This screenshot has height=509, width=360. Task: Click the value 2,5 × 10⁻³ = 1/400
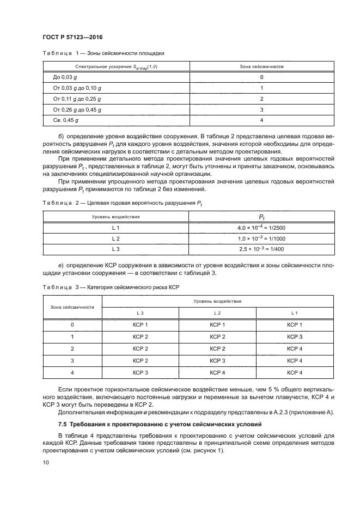point(261,249)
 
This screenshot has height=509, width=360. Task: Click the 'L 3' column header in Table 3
point(140,313)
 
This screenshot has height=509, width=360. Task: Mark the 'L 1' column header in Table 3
point(295,313)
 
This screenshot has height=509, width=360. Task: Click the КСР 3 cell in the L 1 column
point(295,336)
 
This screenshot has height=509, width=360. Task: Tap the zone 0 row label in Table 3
point(72,324)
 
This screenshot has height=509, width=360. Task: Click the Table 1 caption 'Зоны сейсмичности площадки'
point(130,53)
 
